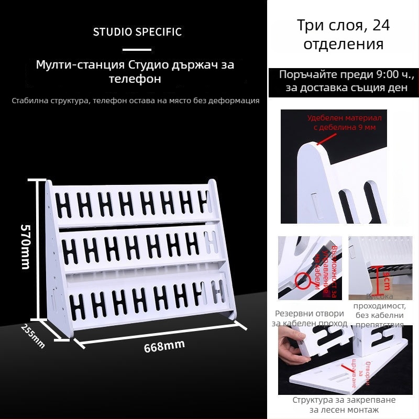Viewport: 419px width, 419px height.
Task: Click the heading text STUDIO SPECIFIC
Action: coord(137,32)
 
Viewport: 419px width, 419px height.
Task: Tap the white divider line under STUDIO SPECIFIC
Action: coord(136,50)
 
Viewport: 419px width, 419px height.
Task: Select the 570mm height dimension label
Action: coord(25,246)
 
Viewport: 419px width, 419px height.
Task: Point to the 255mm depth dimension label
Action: coord(33,336)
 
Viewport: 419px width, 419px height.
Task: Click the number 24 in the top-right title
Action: coord(378,25)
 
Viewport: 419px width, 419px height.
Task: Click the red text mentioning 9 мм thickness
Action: coord(344,123)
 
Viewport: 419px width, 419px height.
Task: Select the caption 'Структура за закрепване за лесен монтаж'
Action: coord(344,405)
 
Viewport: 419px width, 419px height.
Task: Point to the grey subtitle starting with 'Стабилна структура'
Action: coord(136,101)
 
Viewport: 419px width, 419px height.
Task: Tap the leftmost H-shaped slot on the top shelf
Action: coord(66,205)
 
